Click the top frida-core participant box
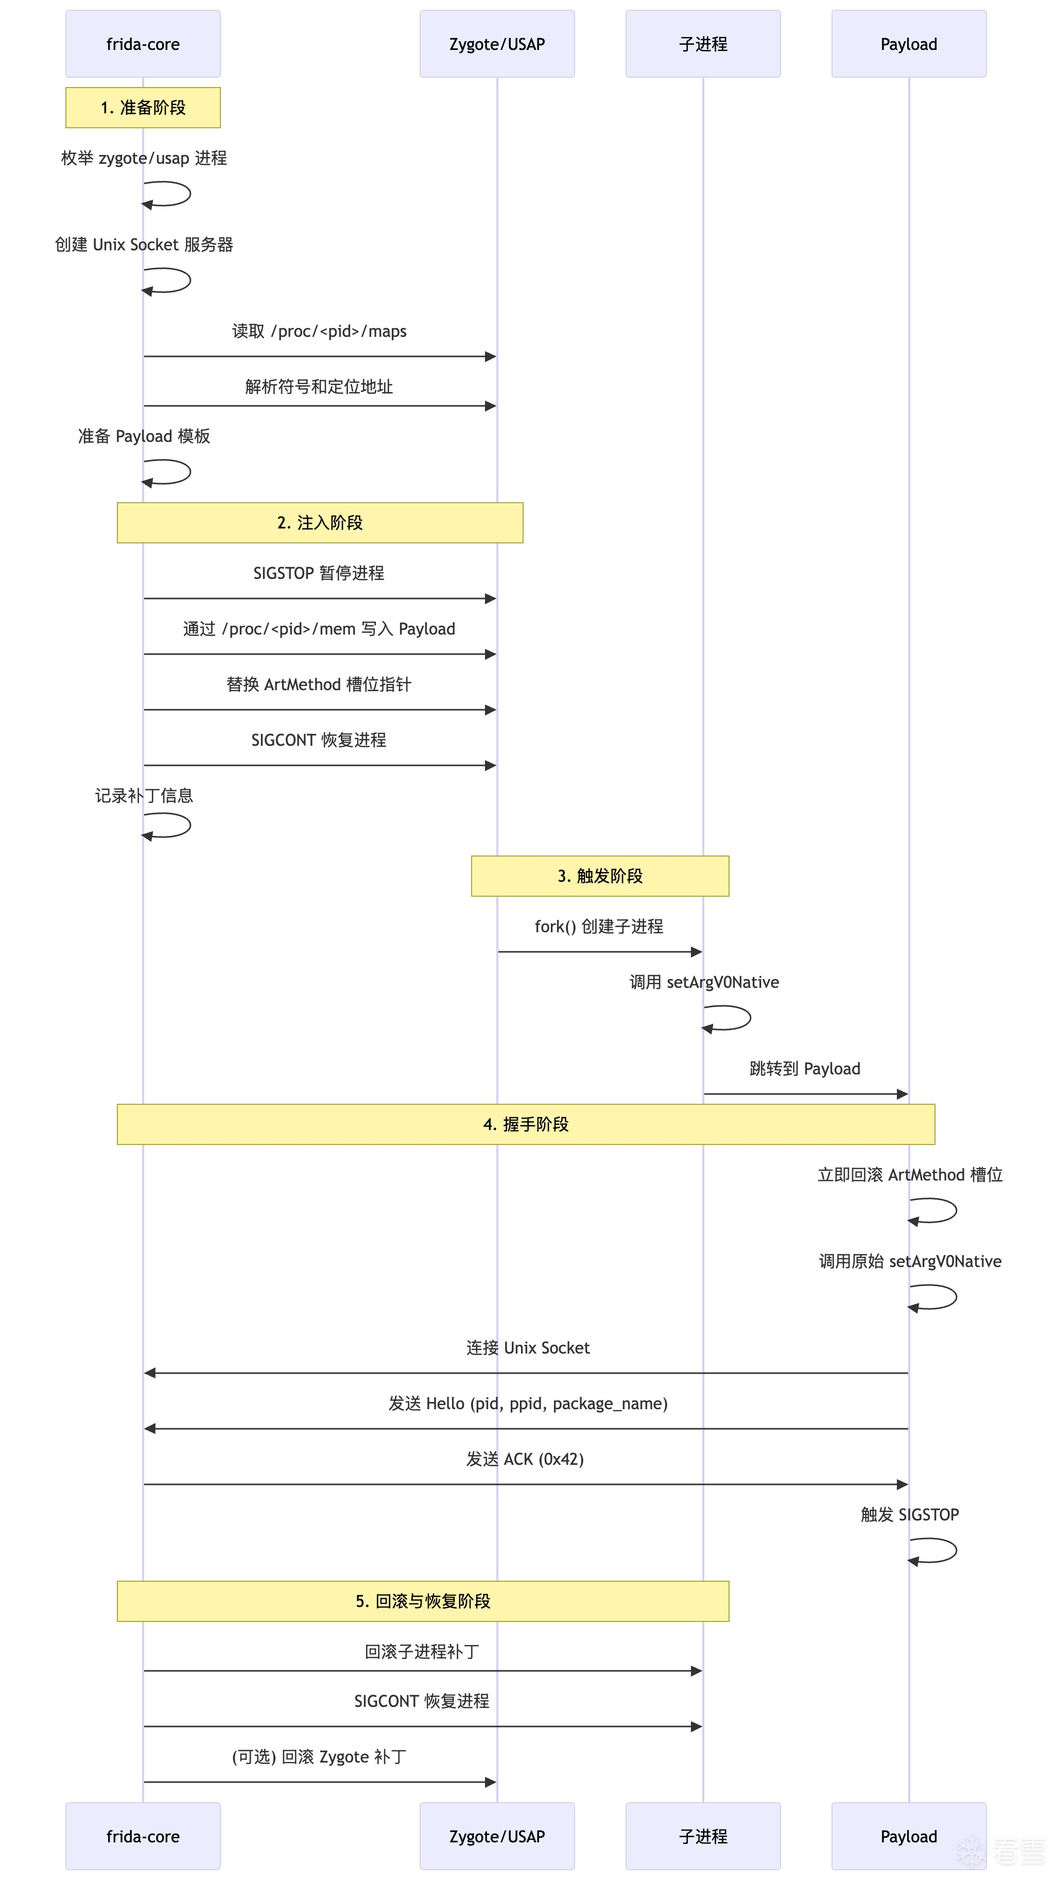click(x=143, y=44)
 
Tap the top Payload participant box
click(x=909, y=44)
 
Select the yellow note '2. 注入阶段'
click(x=320, y=523)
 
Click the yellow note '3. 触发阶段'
click(x=600, y=876)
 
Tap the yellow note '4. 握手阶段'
click(x=526, y=1124)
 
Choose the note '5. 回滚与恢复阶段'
click(x=423, y=1601)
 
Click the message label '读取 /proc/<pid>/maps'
click(x=320, y=332)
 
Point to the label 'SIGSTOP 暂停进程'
click(x=319, y=573)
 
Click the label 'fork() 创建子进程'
click(x=599, y=927)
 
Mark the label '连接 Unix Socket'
click(x=528, y=1348)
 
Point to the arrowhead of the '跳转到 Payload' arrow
click(x=903, y=1094)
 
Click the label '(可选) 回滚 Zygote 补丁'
click(x=319, y=1757)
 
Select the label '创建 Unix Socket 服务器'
click(x=144, y=245)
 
